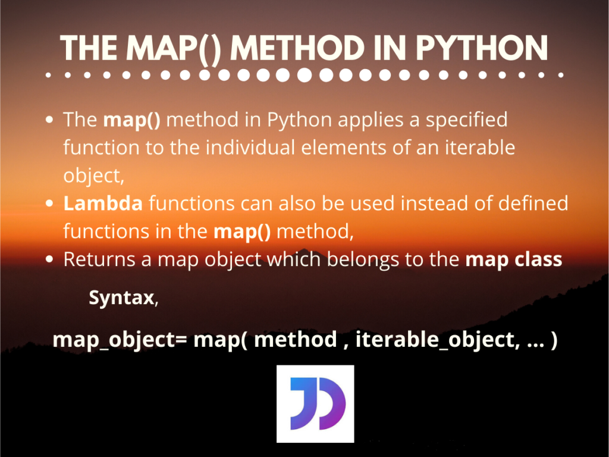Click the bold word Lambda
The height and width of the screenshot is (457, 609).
coord(103,204)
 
